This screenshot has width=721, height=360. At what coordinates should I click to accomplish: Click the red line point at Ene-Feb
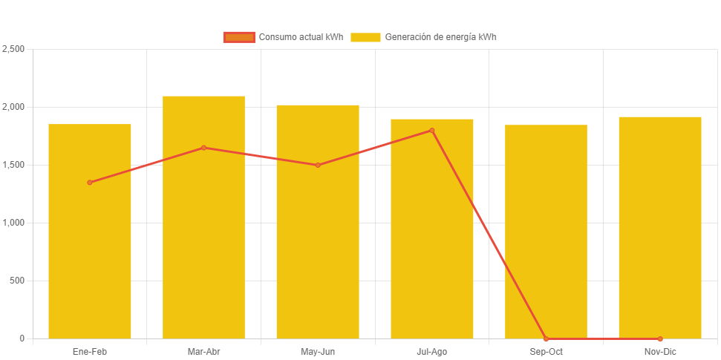tap(90, 183)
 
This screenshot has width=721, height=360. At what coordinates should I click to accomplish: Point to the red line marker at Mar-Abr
tap(203, 148)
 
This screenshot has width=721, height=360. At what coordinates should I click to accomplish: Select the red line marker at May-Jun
tap(318, 165)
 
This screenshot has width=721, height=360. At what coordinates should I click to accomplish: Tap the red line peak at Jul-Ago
tap(432, 131)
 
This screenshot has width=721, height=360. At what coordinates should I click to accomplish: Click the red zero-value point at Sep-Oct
tap(546, 338)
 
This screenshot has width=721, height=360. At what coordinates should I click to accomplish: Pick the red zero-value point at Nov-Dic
tap(660, 338)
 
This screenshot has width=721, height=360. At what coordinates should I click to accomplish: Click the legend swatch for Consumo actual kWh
tap(239, 37)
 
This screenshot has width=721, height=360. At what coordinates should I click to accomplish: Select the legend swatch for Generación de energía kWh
tap(365, 37)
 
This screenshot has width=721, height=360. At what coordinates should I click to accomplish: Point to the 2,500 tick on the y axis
tap(13, 49)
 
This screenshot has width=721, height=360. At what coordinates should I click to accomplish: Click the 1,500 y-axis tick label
tap(13, 165)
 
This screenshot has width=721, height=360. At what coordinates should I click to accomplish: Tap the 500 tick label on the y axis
tap(17, 281)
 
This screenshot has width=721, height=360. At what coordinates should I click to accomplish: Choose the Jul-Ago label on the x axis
tap(432, 352)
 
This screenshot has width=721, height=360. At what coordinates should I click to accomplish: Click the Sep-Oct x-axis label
tap(546, 352)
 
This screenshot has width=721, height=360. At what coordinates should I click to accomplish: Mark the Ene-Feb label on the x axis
tap(90, 352)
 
